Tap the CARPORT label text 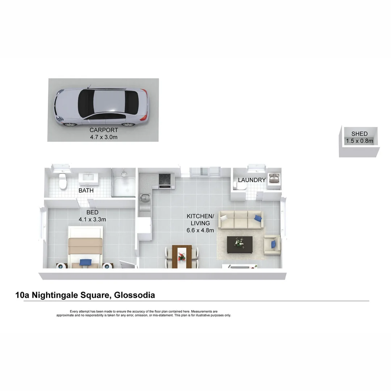(x=104, y=130)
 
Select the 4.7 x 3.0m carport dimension (x=104, y=137)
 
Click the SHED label (x=359, y=134)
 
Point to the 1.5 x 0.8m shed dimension (x=359, y=141)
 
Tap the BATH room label (x=86, y=190)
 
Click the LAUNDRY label (x=252, y=180)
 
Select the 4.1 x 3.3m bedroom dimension (x=92, y=219)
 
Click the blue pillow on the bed (x=85, y=262)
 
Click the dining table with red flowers (x=182, y=257)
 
